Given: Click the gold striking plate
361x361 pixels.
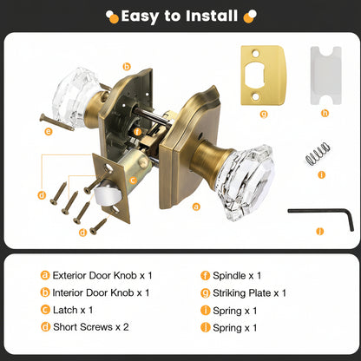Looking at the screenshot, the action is [263, 75].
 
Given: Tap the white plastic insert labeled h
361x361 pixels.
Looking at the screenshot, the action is [325, 75].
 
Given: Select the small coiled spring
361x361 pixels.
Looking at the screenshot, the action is [318, 154].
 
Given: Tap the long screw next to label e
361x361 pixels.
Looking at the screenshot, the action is [56, 122].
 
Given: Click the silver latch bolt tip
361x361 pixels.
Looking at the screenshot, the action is [107, 192].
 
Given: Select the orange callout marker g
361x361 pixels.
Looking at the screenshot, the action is [264, 115].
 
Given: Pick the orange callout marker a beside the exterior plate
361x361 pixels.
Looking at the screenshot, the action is [196, 207].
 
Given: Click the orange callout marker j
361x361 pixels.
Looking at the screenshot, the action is [319, 231].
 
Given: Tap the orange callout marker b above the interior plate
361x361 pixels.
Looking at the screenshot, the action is [127, 67].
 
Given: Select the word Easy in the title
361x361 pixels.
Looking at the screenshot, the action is [140, 16].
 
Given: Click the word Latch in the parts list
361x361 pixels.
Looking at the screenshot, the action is [65, 310].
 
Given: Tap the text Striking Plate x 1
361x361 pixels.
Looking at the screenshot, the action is [249, 293].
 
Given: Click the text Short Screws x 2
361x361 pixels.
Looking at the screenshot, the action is [91, 327].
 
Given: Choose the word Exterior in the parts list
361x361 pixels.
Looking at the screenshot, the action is [69, 275].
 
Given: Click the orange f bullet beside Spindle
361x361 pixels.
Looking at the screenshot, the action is [205, 275].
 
